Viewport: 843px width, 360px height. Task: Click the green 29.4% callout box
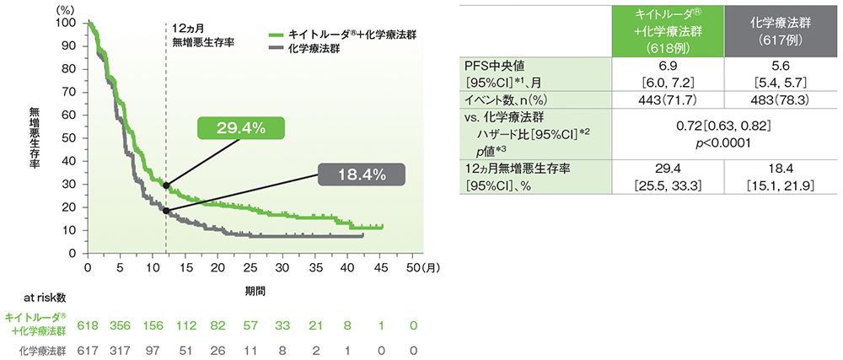pyautogui.click(x=241, y=129)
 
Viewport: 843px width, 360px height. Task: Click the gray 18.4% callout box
pyautogui.click(x=362, y=175)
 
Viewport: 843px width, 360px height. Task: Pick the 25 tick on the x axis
pyautogui.click(x=250, y=267)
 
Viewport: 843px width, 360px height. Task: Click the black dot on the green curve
pyautogui.click(x=166, y=185)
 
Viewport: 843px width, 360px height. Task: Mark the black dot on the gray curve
pyautogui.click(x=166, y=211)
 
